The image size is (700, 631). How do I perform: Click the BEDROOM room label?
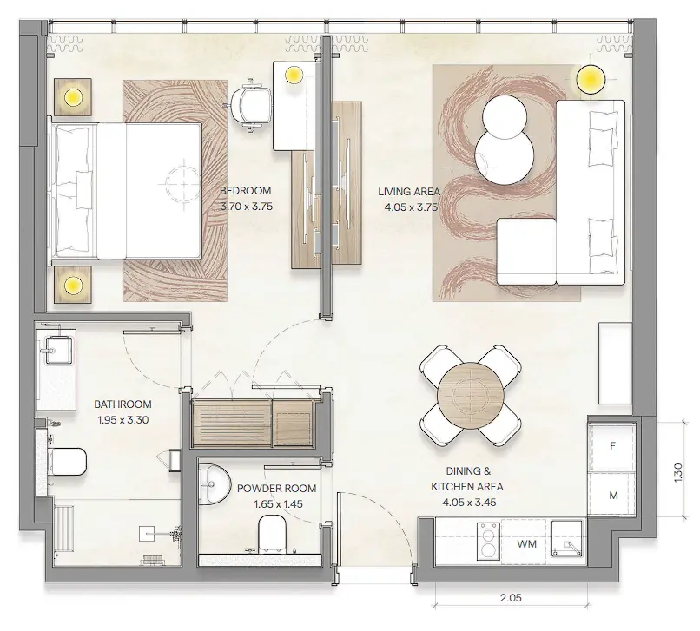[x=245, y=191]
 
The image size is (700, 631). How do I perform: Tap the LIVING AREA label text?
[x=408, y=191]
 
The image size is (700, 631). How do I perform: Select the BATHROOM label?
[x=123, y=404]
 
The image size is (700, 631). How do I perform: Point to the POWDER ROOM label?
[x=276, y=489]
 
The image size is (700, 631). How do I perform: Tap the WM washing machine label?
[x=525, y=544]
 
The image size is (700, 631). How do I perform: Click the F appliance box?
[x=612, y=446]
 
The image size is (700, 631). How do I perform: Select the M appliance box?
[x=612, y=496]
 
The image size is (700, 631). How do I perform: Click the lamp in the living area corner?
[x=592, y=80]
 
